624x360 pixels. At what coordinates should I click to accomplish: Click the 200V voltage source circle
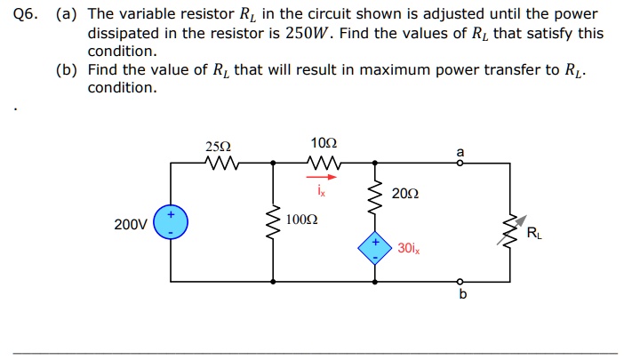(171, 223)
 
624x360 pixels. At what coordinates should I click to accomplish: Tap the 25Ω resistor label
(217, 147)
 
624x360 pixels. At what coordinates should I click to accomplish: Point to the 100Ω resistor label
(302, 218)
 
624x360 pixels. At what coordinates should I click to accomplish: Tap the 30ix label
(409, 249)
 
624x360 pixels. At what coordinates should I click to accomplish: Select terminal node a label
(460, 152)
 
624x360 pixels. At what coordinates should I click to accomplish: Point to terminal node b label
(461, 295)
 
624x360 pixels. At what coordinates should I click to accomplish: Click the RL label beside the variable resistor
(532, 234)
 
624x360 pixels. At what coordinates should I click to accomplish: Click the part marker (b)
(67, 69)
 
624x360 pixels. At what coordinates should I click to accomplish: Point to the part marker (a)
(67, 15)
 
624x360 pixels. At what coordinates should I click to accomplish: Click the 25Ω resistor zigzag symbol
(219, 163)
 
